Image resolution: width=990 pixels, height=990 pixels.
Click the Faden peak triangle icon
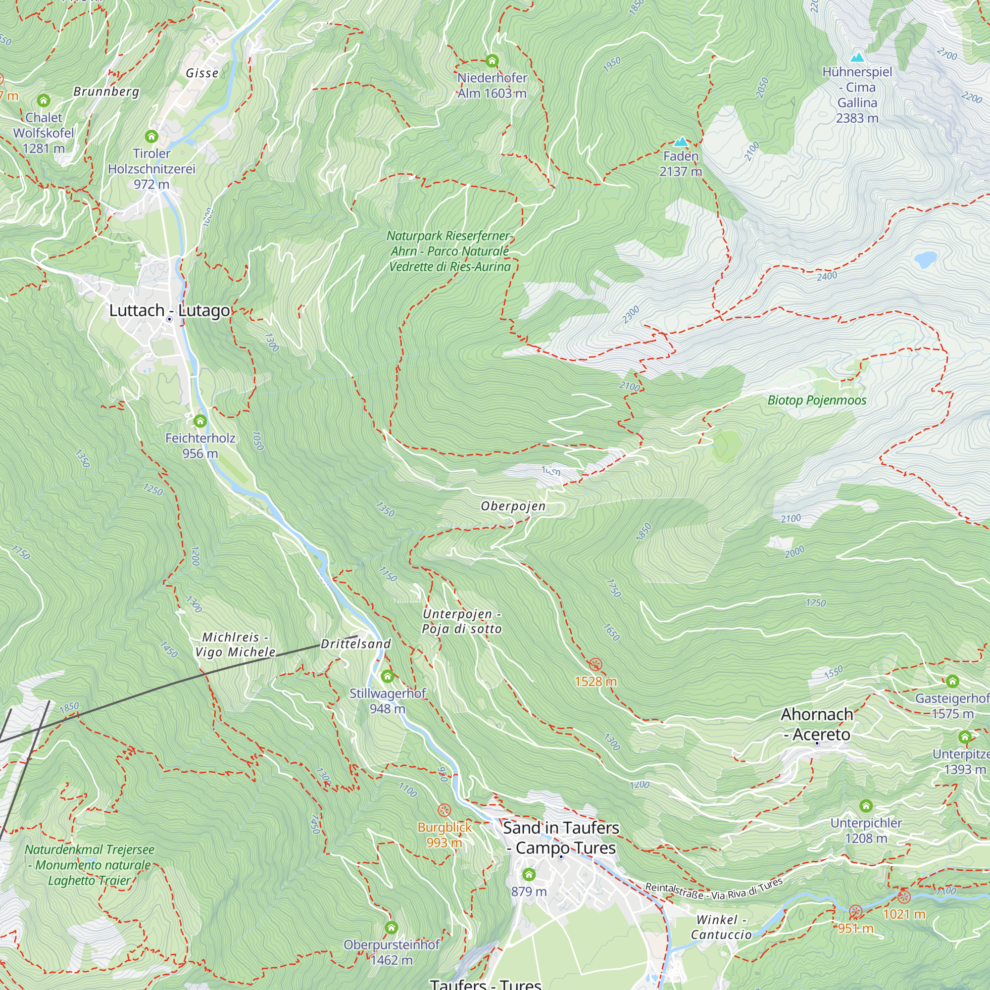[681, 142]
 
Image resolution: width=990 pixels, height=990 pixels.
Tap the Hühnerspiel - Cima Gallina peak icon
[857, 57]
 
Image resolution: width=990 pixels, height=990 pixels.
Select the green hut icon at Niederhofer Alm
[492, 61]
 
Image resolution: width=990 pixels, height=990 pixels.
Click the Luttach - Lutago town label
[170, 310]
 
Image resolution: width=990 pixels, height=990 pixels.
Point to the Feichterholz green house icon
[200, 421]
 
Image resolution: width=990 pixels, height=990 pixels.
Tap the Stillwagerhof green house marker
[388, 676]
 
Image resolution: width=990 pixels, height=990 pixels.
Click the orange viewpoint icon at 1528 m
[595, 665]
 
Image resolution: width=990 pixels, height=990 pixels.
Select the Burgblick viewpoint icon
[445, 810]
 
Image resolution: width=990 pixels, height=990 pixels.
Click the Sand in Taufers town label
[561, 838]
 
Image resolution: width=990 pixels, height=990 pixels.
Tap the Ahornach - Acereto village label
[817, 724]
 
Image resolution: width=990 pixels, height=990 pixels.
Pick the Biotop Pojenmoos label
[817, 400]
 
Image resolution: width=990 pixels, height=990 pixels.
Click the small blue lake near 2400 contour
[926, 259]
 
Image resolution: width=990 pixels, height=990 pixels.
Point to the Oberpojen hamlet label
[513, 506]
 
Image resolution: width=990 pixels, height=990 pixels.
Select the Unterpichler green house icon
[866, 806]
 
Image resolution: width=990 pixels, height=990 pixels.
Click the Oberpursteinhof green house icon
[392, 928]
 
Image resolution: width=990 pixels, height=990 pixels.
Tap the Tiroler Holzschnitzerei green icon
[151, 136]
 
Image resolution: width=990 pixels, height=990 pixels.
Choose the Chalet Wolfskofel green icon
[44, 100]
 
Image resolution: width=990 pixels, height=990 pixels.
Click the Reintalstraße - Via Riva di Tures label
[714, 890]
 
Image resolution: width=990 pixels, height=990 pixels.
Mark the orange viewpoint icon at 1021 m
[904, 897]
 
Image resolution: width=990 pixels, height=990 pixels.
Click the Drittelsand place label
[355, 644]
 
